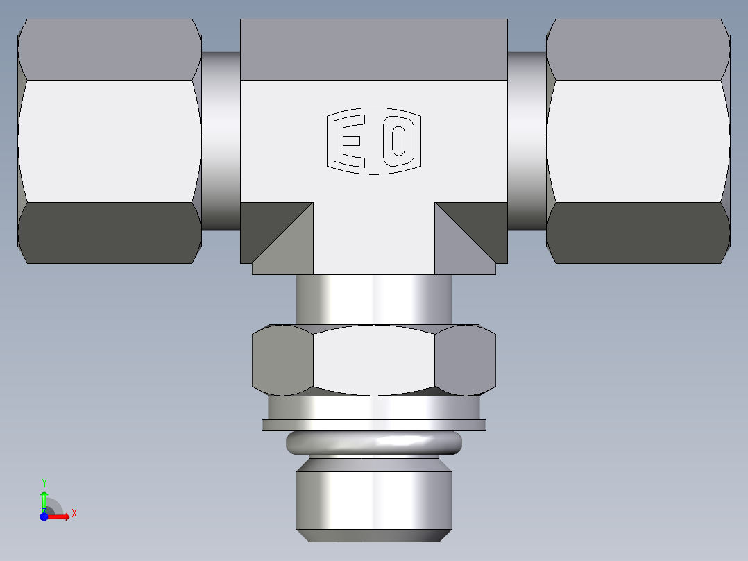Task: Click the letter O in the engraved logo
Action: coord(399,141)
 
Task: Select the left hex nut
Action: coord(110,141)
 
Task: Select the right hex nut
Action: coord(638,141)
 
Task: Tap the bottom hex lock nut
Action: coord(374,360)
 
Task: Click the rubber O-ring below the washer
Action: coord(374,442)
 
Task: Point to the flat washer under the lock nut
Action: coord(374,424)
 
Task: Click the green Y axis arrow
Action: coord(44,499)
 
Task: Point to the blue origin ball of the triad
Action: coord(44,517)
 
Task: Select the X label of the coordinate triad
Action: coord(74,514)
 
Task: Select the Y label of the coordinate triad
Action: coord(44,483)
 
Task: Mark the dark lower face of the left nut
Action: coord(110,233)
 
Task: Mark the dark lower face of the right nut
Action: coord(638,233)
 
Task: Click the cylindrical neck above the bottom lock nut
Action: coord(374,299)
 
